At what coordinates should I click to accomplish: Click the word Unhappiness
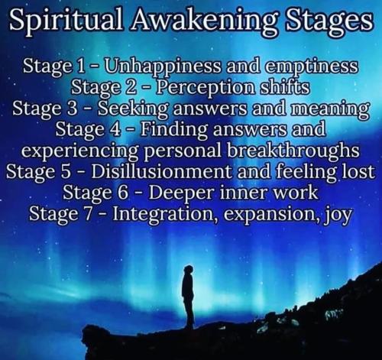163,67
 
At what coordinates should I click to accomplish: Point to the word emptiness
311,67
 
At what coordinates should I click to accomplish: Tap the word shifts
284,87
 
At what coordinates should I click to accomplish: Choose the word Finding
175,130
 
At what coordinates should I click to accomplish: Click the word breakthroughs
293,151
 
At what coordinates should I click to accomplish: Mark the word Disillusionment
161,170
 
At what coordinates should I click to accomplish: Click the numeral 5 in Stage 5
66,171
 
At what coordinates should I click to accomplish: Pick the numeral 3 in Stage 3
73,109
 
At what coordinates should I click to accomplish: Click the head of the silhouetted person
189,270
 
